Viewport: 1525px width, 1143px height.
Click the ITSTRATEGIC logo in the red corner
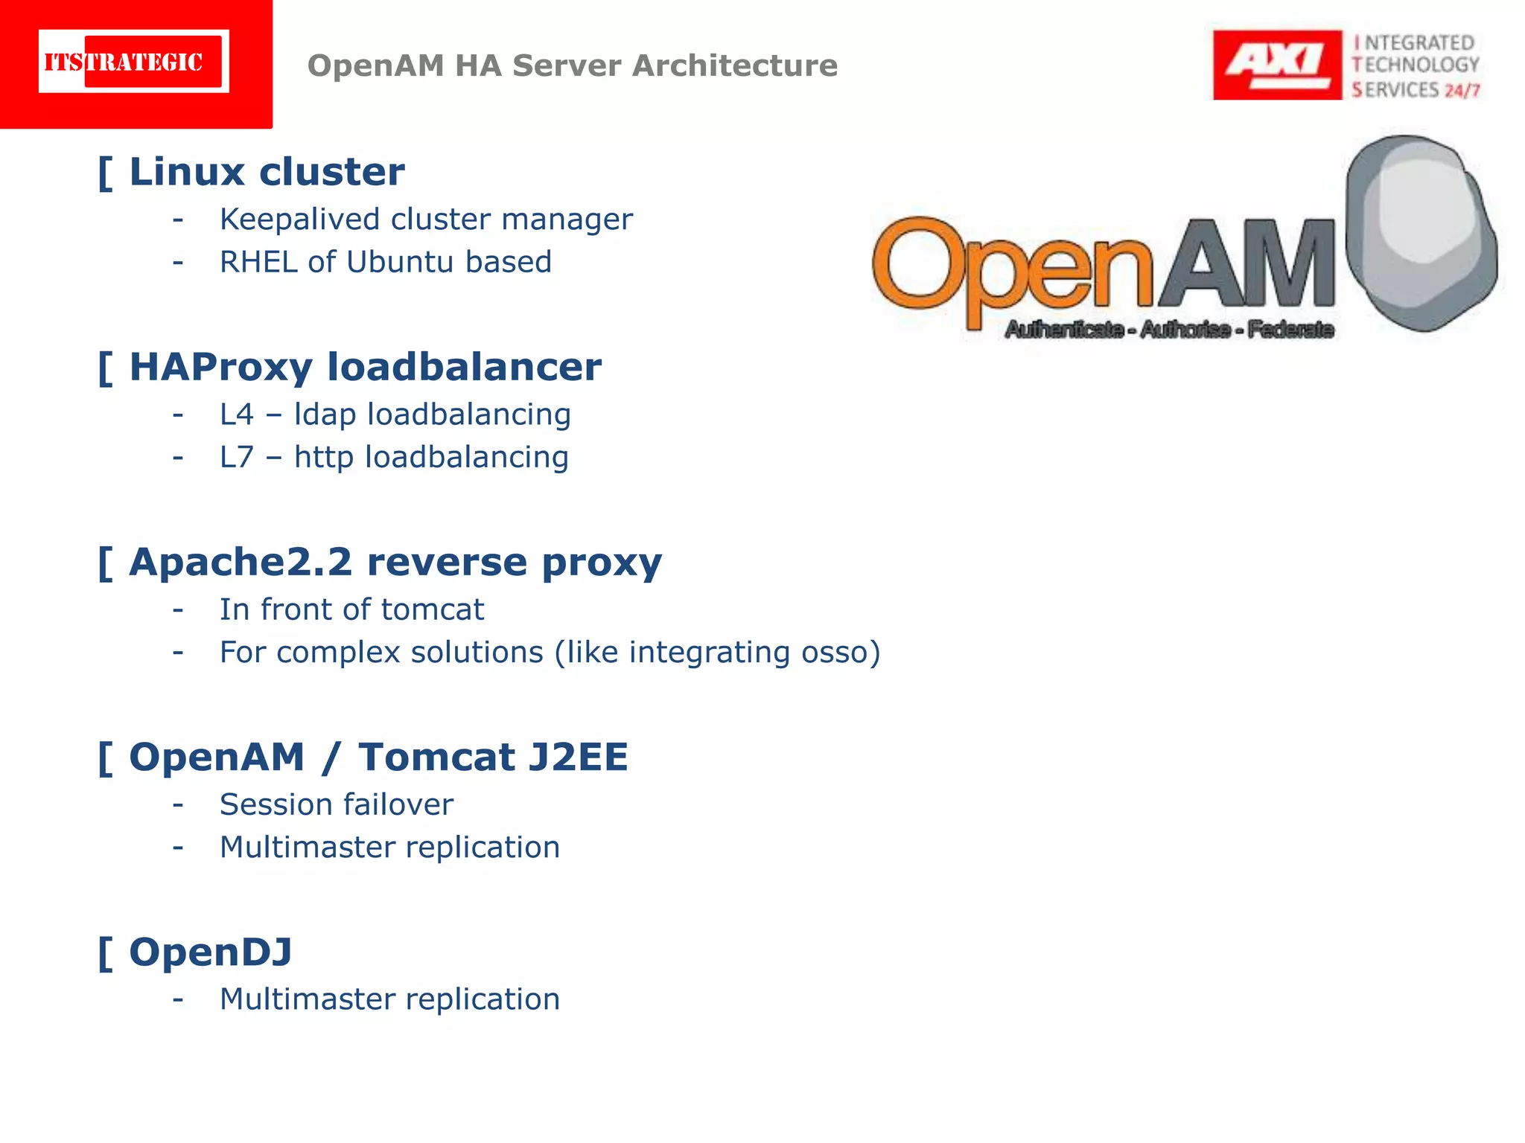tap(133, 62)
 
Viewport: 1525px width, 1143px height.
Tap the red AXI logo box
tap(1276, 65)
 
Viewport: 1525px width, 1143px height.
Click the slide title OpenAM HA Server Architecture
tap(572, 65)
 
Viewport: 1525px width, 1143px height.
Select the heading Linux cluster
tap(267, 172)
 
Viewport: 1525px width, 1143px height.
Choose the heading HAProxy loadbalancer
tap(365, 367)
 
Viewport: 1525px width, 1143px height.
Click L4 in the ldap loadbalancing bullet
tap(237, 414)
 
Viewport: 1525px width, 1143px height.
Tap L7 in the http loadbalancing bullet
tap(237, 457)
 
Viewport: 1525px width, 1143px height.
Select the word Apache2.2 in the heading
tap(240, 562)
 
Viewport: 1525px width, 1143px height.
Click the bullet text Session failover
tap(337, 804)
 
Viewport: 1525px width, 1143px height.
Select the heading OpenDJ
tap(211, 952)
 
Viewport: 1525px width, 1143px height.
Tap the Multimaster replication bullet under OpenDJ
tap(389, 999)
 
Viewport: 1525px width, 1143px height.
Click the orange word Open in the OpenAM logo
tap(1013, 268)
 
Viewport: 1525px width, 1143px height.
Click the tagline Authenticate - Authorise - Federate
tap(1169, 329)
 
